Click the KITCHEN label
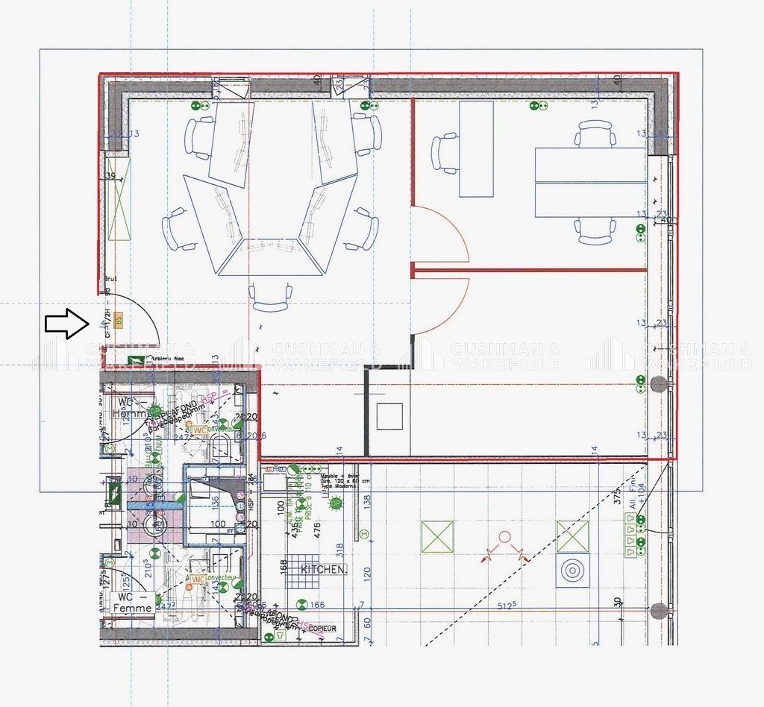(x=323, y=569)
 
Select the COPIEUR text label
(x=318, y=629)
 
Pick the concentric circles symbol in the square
(x=572, y=571)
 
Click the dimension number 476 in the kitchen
(x=316, y=528)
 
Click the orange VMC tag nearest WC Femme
(x=198, y=579)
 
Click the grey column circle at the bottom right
(x=658, y=611)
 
